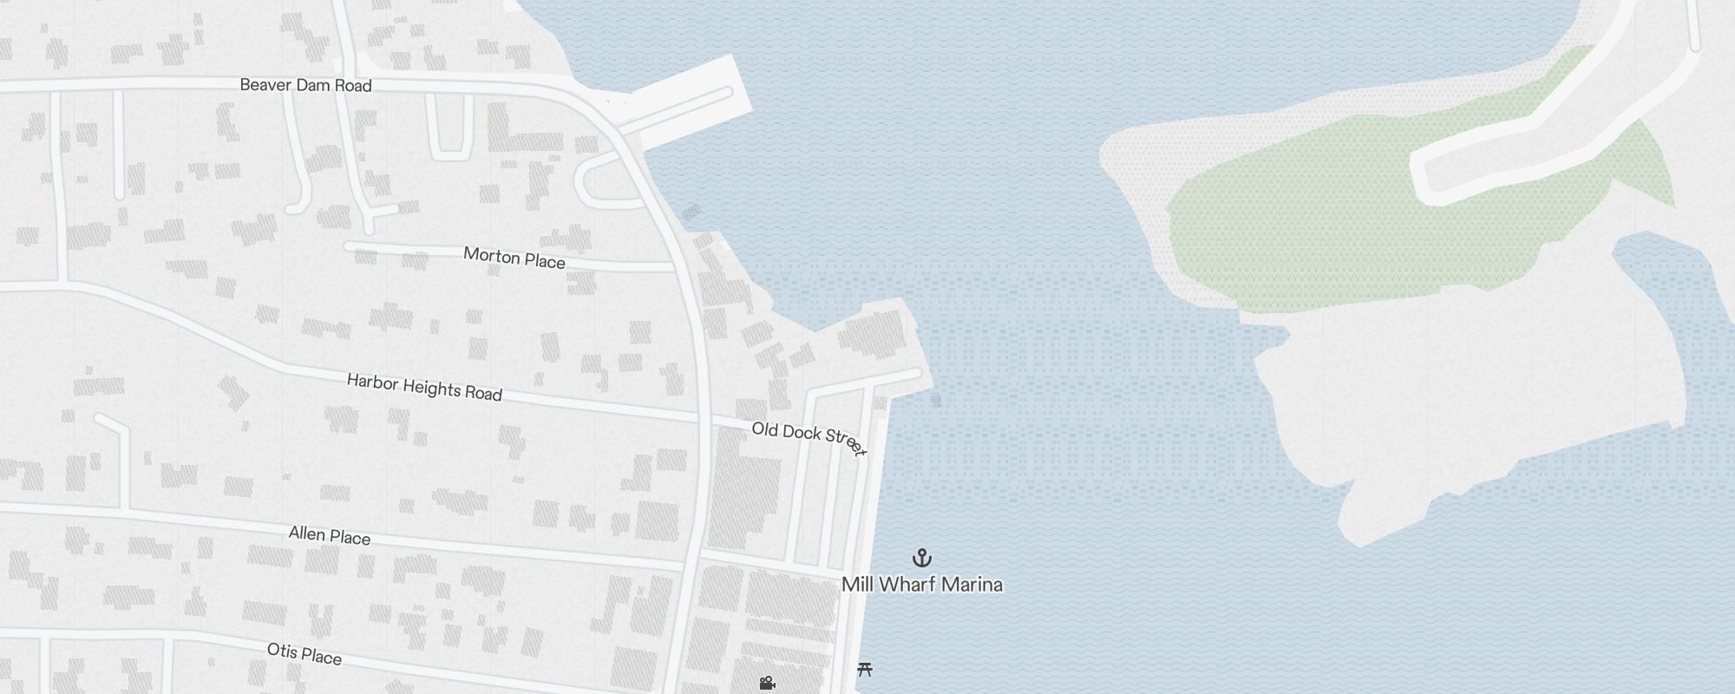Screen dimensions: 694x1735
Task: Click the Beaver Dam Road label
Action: tap(305, 85)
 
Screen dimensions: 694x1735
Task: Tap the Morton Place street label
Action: tap(514, 258)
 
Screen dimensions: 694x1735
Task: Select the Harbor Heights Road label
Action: tap(424, 387)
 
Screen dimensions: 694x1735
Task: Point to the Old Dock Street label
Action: tap(809, 438)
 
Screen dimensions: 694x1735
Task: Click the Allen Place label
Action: tap(330, 535)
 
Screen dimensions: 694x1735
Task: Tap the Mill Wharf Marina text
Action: tap(922, 585)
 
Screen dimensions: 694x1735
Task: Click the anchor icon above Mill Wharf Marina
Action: tap(922, 557)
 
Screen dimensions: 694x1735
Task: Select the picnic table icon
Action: tap(864, 669)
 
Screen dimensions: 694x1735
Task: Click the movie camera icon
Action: tap(767, 684)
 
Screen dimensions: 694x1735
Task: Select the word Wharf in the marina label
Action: tap(907, 585)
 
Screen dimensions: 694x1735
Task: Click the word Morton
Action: tap(491, 255)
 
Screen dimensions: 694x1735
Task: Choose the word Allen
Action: tap(307, 533)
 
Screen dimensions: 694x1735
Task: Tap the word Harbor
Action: tap(371, 382)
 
